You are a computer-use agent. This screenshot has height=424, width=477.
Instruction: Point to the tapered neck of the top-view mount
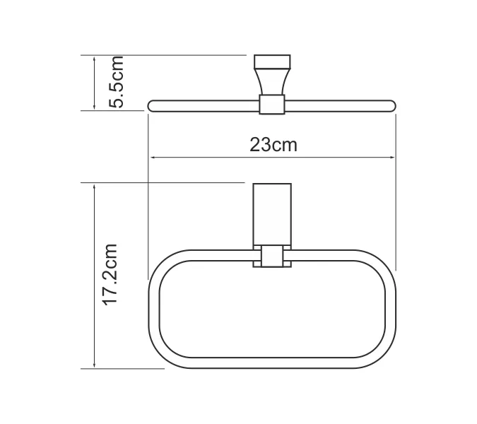271,80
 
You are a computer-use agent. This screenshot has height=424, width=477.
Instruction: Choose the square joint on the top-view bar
271,105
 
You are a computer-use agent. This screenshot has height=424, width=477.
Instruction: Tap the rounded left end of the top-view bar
152,105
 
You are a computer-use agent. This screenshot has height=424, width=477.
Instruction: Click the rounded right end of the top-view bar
390,105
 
